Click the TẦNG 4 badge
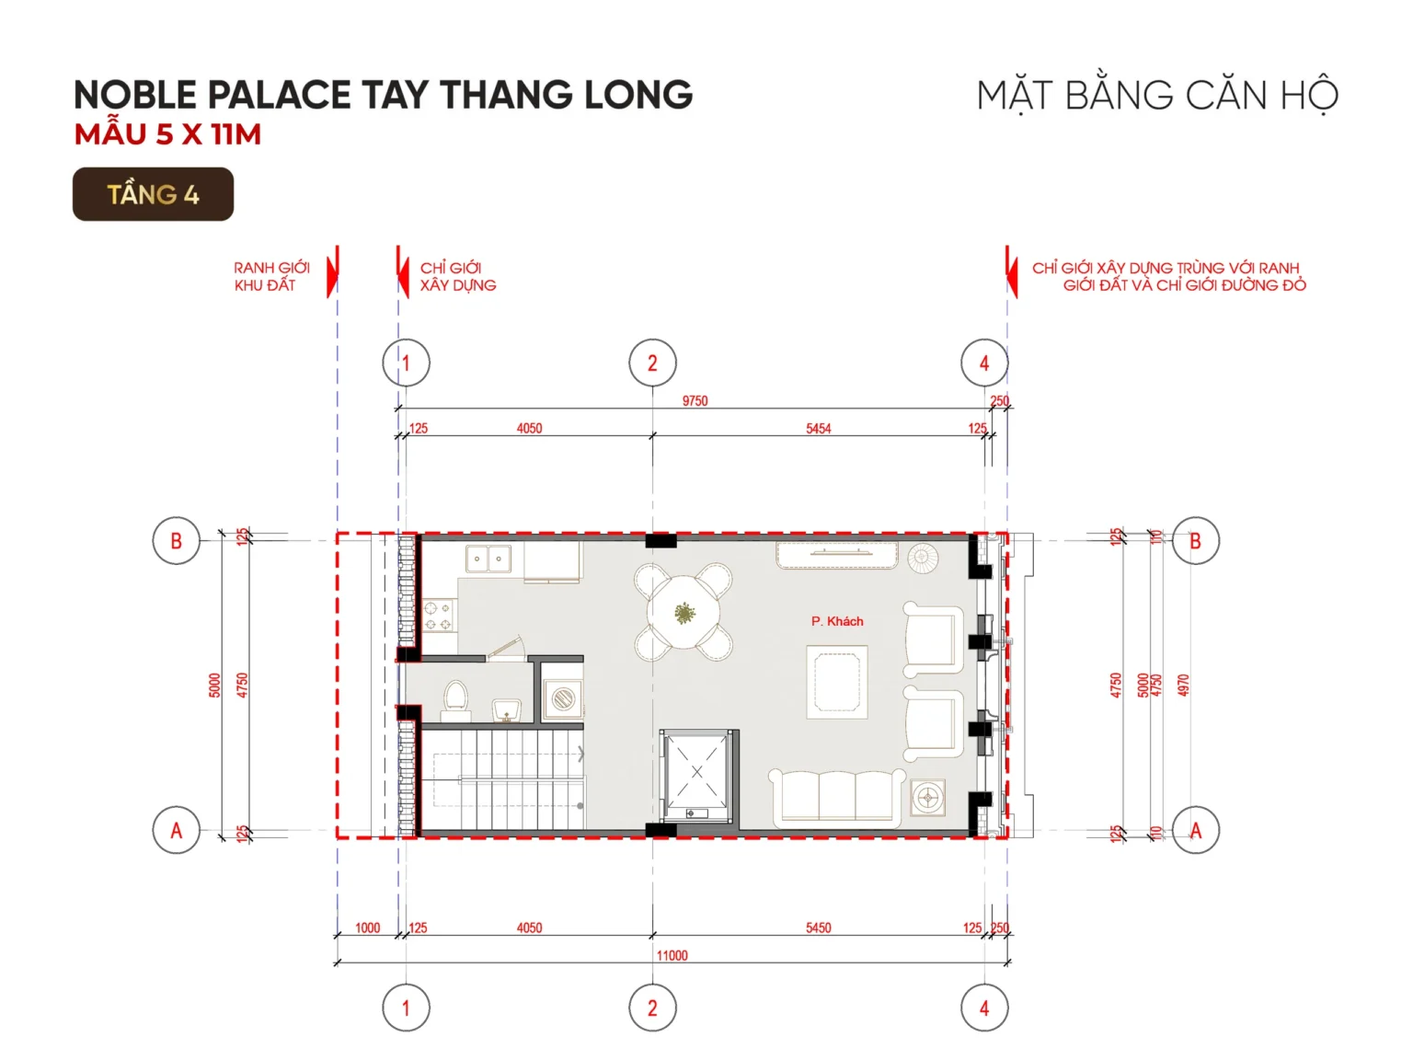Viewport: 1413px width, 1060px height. (153, 194)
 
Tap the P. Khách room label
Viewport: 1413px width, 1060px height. (837, 621)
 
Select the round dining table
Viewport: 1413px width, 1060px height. (684, 612)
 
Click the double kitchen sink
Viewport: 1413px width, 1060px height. (488, 559)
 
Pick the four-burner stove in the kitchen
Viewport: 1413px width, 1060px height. (439, 616)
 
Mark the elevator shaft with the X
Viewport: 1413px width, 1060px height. (696, 772)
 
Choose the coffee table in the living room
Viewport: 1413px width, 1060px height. (837, 682)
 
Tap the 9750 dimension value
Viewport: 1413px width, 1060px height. (695, 401)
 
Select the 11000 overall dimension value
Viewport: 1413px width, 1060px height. (672, 956)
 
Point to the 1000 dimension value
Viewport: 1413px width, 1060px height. (367, 928)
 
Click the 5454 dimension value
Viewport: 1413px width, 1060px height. (818, 429)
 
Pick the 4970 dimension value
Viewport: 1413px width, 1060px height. (1184, 686)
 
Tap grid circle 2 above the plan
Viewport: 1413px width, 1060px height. (652, 363)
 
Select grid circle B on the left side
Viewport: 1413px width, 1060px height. (176, 541)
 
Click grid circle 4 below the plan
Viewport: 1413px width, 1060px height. (984, 1008)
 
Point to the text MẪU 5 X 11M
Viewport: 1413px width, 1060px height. (168, 134)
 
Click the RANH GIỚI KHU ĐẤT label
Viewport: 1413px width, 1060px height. (271, 276)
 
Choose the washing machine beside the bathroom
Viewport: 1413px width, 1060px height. (562, 698)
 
